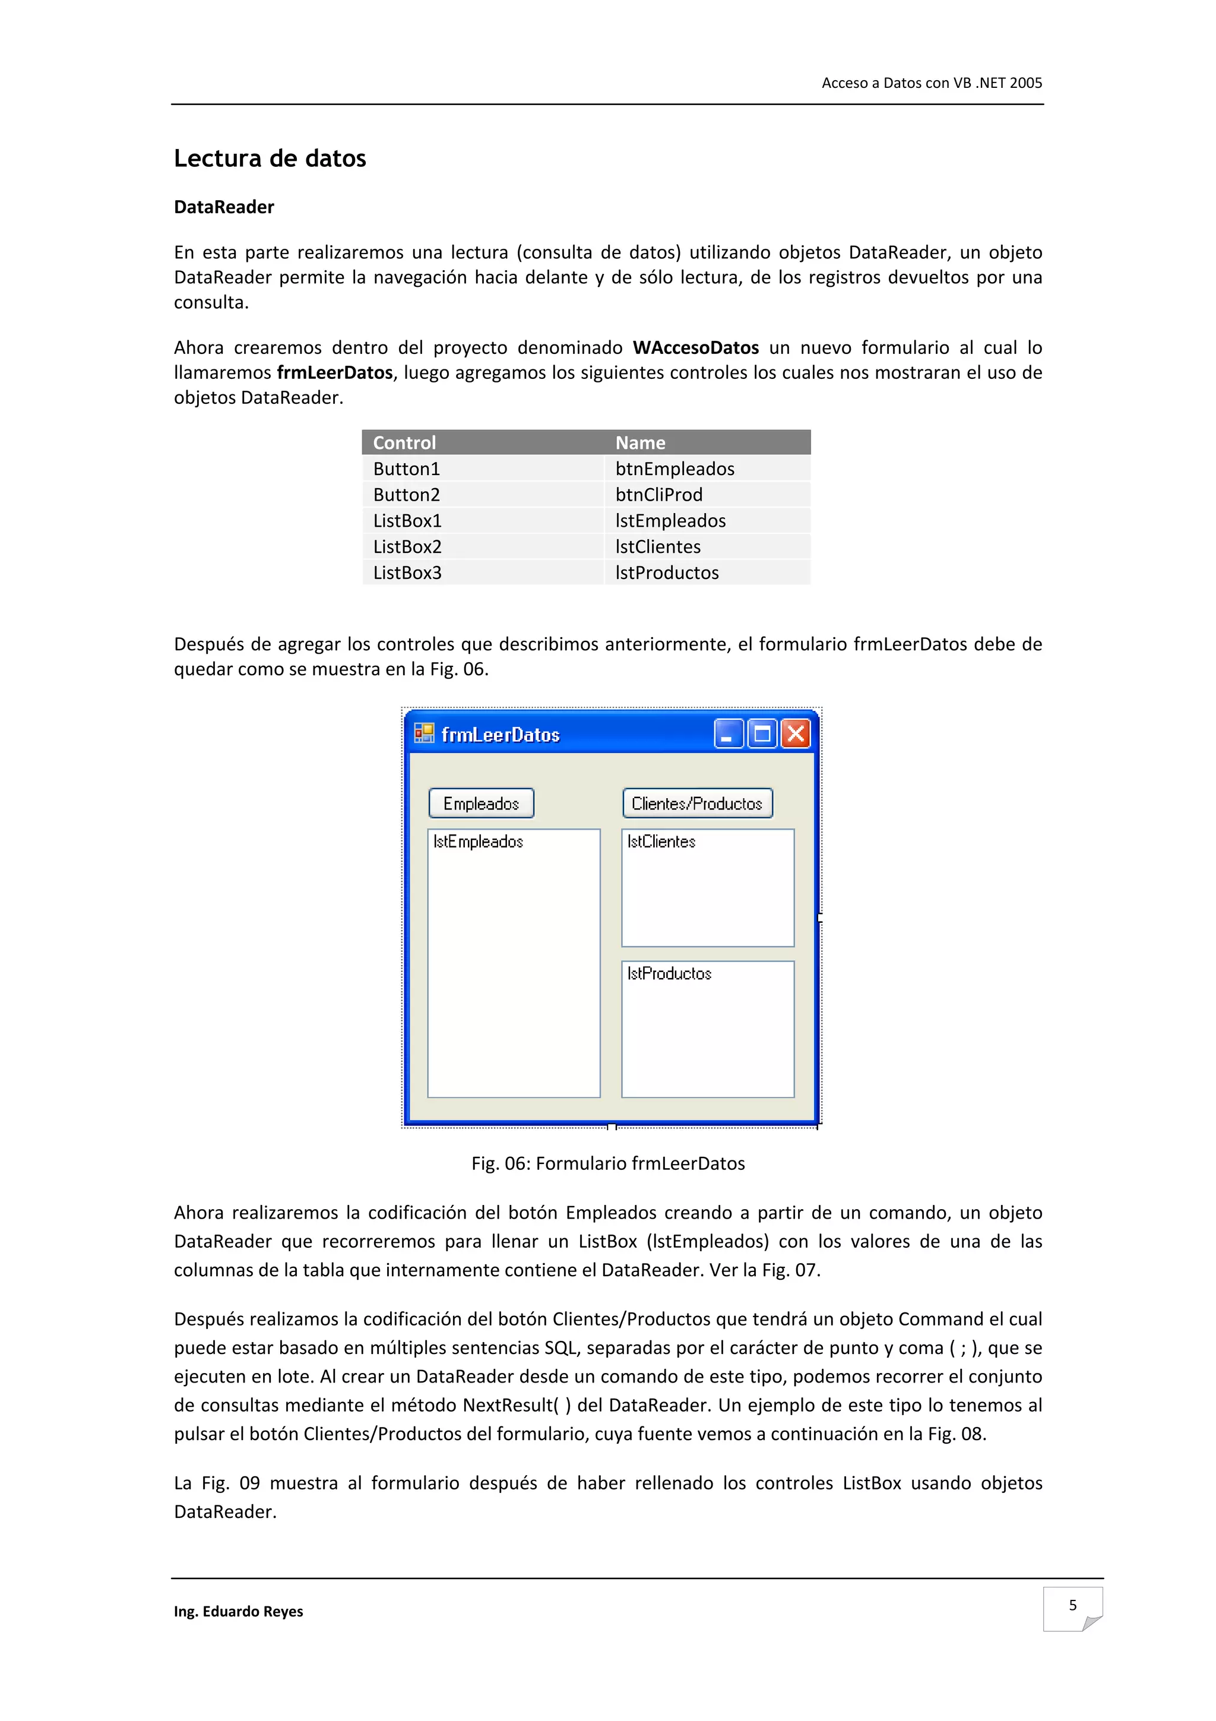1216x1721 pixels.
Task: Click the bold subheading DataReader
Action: coord(223,207)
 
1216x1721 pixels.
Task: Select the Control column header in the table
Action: coord(404,442)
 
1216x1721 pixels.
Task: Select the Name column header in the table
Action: coord(640,442)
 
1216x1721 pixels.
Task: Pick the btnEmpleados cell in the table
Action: coord(674,469)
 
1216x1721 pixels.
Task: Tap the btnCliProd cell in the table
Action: coord(658,495)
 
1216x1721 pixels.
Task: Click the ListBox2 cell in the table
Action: coord(407,546)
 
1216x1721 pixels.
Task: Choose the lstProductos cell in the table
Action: coord(666,572)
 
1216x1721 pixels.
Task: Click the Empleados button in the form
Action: coord(481,803)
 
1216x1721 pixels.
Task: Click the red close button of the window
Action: coord(796,734)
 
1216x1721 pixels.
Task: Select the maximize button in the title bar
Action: coord(762,734)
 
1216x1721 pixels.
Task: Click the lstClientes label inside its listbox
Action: coord(661,841)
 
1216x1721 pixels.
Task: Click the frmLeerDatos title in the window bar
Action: coord(500,735)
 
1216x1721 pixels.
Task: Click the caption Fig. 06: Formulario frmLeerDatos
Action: coord(607,1163)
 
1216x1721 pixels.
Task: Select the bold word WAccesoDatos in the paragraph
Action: coord(695,348)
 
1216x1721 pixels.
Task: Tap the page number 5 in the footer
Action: coord(1072,1605)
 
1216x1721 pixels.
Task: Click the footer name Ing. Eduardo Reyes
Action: coord(238,1612)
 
